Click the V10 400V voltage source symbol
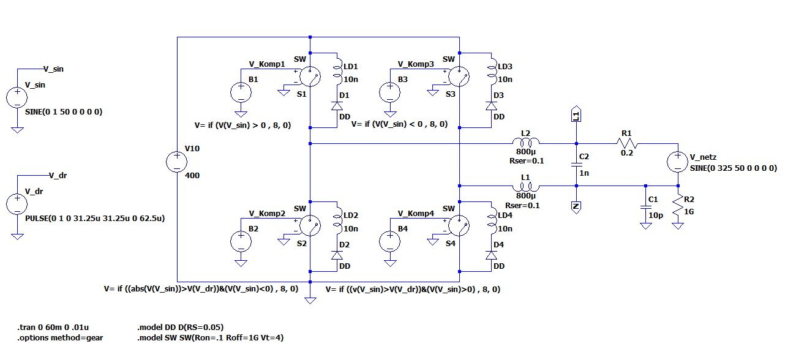point(176,162)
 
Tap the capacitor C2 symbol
point(576,165)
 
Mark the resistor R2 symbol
point(678,206)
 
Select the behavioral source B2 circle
point(241,241)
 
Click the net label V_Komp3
point(414,64)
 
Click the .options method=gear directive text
point(56,337)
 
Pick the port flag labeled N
point(576,206)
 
